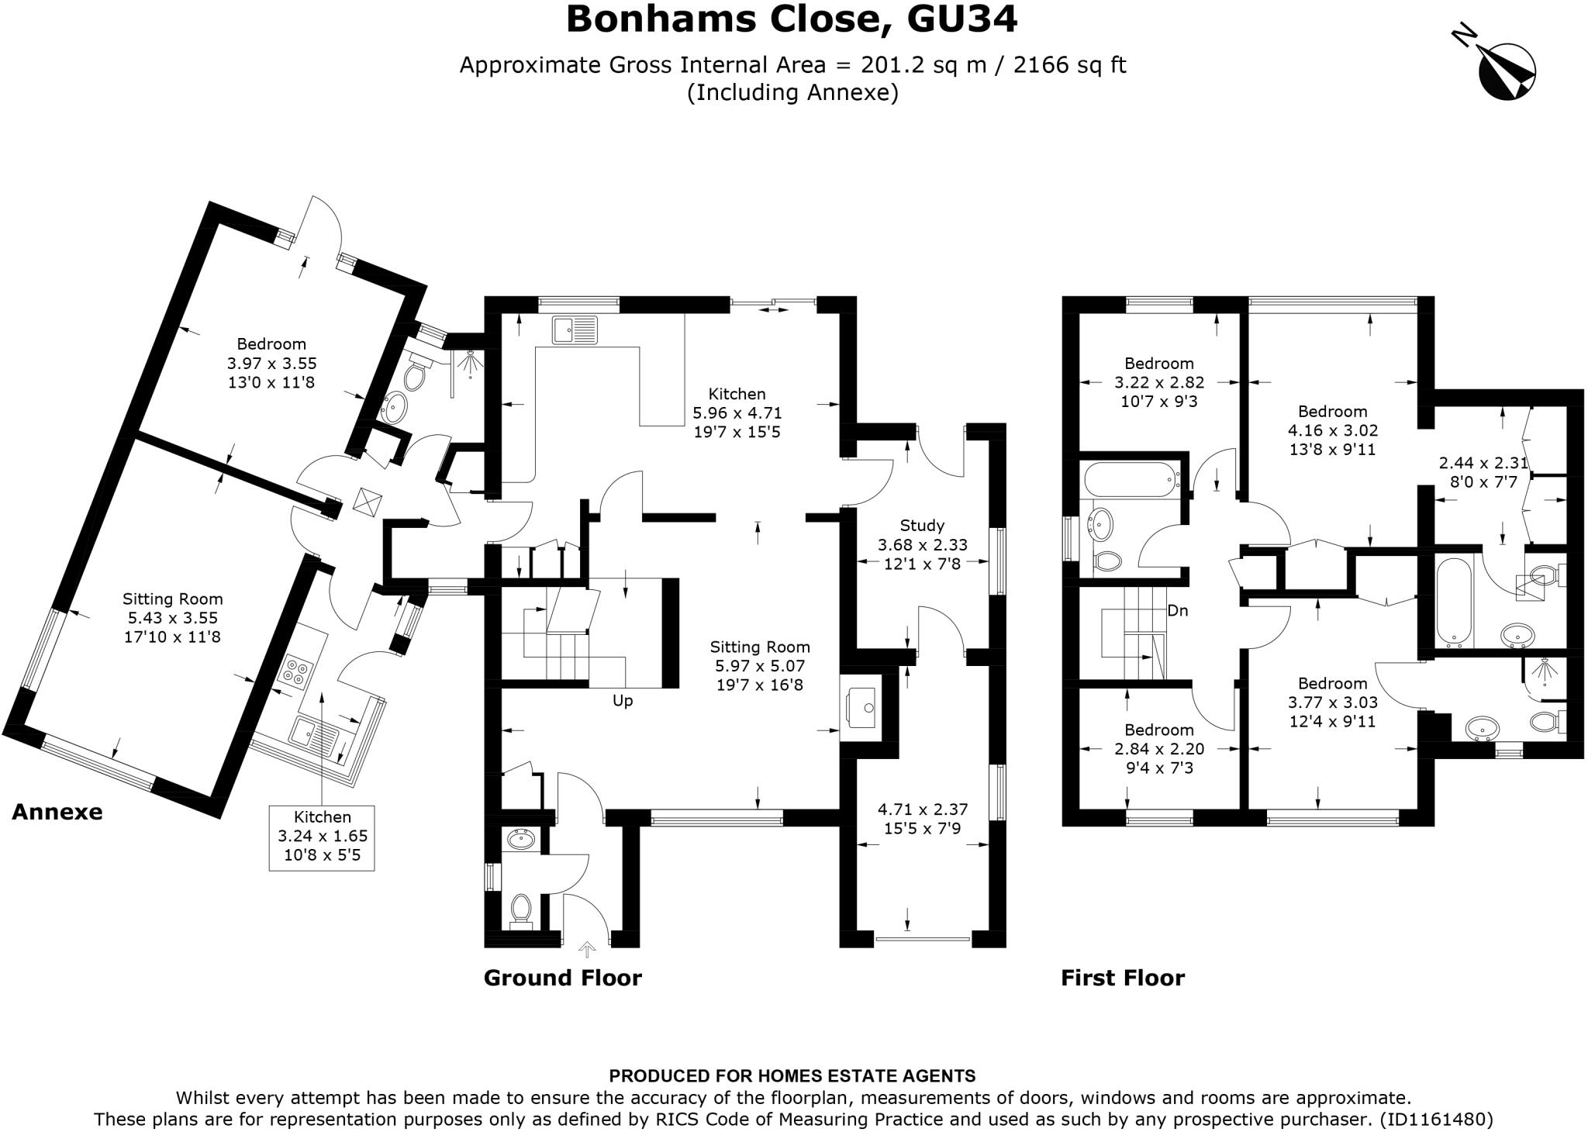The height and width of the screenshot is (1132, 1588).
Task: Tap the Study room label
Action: coord(922,526)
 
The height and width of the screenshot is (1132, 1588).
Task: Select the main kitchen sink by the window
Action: coord(575,330)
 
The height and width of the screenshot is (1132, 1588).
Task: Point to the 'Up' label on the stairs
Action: coord(623,700)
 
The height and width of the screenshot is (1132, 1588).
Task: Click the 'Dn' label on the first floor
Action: coord(1177,610)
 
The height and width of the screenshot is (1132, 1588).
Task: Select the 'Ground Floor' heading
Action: coord(562,978)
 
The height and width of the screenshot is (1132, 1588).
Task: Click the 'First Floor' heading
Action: coord(1122,978)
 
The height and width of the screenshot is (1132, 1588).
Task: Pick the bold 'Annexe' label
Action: coord(57,812)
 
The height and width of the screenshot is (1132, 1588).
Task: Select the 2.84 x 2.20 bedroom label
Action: coord(1158,749)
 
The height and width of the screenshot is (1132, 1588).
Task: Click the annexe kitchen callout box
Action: coord(322,837)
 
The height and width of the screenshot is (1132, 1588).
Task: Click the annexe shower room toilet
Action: coord(415,377)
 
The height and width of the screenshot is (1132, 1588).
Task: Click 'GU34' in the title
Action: coord(961,20)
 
